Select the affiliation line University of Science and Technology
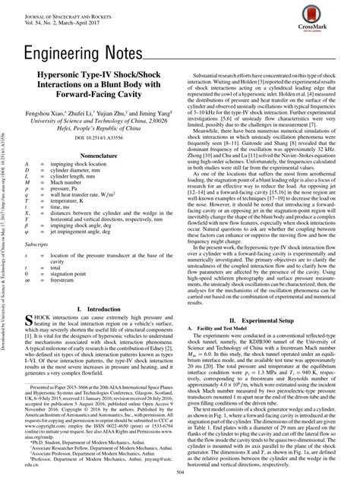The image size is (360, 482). tap(106, 120)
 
